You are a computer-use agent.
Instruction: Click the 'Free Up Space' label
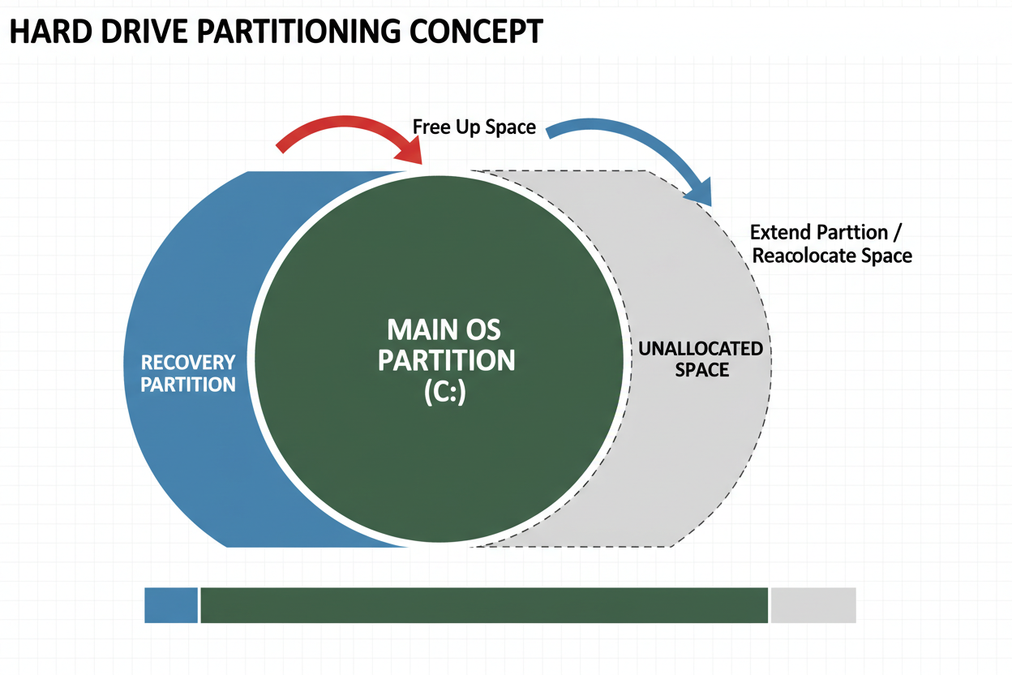coord(474,127)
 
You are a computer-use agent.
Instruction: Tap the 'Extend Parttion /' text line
coord(825,233)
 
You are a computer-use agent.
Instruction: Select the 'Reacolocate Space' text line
coord(832,256)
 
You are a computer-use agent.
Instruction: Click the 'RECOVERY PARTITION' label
coord(188,372)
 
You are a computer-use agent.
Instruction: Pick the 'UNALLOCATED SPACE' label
coord(701,359)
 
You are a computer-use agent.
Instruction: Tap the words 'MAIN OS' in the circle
coord(444,330)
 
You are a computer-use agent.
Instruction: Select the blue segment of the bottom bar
coord(171,605)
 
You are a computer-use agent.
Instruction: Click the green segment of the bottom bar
coord(483,605)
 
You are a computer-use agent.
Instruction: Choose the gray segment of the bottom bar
coord(813,605)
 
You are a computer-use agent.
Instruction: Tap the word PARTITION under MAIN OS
coord(446,360)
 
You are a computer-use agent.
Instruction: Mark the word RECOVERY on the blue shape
coord(188,362)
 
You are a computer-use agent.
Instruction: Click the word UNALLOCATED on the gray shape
coord(701,349)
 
